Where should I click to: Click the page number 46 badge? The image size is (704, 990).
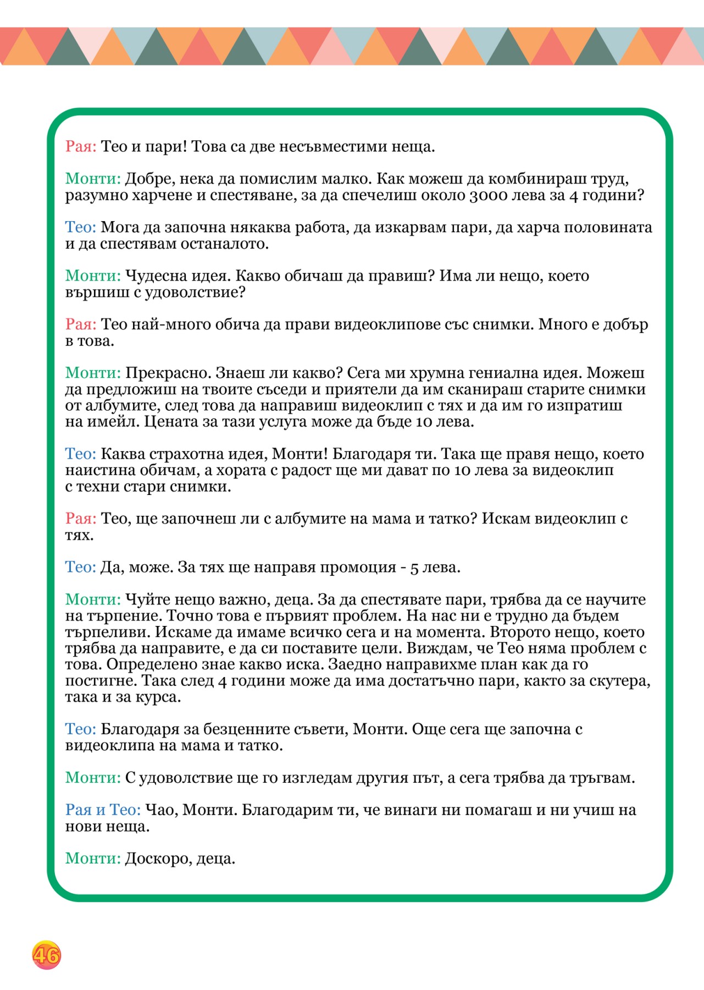(46, 955)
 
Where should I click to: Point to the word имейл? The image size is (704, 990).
(115, 422)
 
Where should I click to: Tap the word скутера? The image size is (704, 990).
(619, 681)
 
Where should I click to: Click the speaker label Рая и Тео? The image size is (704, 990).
(103, 810)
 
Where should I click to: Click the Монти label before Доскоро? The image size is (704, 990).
(93, 859)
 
